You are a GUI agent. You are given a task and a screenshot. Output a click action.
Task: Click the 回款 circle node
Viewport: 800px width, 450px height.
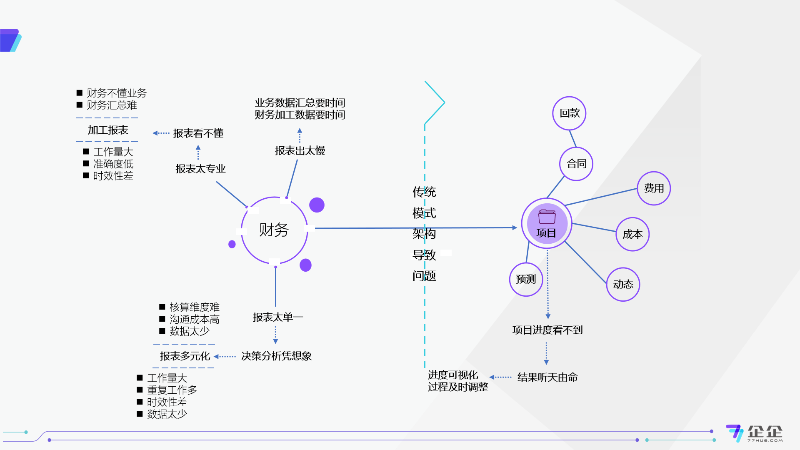coord(569,113)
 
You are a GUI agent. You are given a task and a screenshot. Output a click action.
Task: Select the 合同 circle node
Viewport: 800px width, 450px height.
coord(576,164)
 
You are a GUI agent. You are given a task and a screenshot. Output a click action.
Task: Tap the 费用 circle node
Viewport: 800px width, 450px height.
coord(654,188)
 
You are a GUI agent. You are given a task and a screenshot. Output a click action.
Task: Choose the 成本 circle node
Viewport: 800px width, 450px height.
coord(632,234)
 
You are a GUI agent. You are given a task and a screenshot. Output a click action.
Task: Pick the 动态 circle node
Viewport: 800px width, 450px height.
coord(623,284)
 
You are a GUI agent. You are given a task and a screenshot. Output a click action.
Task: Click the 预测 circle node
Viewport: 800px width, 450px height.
coord(526,279)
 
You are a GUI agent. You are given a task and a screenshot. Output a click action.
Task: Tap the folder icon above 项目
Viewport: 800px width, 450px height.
coord(547,217)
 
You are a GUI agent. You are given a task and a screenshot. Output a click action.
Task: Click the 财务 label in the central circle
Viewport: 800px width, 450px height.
coord(274,230)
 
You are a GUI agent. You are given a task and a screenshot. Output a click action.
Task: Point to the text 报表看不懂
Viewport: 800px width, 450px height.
coord(198,133)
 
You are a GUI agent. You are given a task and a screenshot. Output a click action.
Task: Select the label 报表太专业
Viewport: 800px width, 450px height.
coord(200,169)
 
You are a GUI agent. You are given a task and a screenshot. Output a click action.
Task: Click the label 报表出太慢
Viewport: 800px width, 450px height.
coord(300,151)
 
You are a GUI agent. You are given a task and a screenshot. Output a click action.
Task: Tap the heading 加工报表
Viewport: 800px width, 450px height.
coord(107,130)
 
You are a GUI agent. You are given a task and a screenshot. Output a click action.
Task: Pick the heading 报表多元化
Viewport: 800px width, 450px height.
coord(185,356)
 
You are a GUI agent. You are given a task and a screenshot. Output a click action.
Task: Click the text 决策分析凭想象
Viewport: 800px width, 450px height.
coord(276,356)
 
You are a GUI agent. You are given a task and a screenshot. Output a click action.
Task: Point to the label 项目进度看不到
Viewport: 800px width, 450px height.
coord(547,330)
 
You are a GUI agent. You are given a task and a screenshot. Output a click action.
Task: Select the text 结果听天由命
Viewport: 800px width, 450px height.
coord(547,377)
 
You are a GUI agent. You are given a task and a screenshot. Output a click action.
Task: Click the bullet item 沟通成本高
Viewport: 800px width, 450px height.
coord(194,320)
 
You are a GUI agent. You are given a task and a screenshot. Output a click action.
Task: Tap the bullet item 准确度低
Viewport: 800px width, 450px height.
coord(113,164)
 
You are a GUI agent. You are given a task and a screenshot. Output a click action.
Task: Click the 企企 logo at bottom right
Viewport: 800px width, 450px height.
coord(755,433)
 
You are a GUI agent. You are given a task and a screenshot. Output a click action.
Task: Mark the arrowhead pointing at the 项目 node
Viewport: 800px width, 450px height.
coord(515,228)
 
